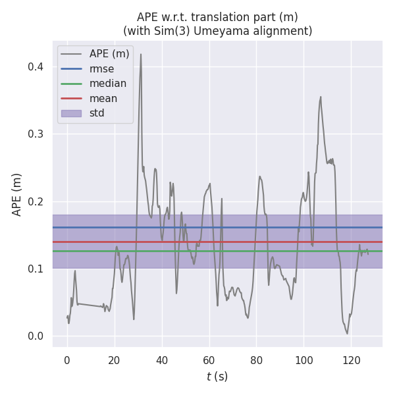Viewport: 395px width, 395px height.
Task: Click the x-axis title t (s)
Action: pos(217,377)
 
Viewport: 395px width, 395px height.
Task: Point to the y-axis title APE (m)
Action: pos(17,194)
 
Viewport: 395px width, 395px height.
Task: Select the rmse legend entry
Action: pos(102,68)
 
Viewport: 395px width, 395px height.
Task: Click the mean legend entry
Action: pos(103,99)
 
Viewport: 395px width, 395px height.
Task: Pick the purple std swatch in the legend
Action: pos(71,113)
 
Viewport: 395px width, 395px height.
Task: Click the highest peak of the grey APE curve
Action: pos(141,54)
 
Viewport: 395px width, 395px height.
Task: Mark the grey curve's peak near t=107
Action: pos(321,97)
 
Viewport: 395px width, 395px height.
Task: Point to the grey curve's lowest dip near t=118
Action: pos(347,333)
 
